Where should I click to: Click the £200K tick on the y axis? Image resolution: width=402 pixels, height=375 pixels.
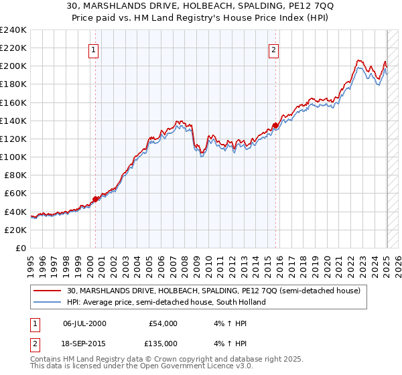(13, 66)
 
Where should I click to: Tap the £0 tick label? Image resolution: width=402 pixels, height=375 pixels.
(21, 248)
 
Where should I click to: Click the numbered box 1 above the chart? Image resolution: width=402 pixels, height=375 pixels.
(93, 49)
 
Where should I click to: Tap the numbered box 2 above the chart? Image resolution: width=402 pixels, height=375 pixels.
(274, 49)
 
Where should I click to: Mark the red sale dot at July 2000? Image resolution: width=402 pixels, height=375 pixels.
(96, 199)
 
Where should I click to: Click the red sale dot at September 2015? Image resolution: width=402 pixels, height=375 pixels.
(275, 125)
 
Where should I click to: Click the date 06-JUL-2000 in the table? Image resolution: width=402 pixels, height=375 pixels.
(84, 323)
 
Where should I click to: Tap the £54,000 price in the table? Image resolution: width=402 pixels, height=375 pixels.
(162, 323)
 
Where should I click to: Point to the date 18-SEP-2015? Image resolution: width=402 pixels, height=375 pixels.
(84, 343)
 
